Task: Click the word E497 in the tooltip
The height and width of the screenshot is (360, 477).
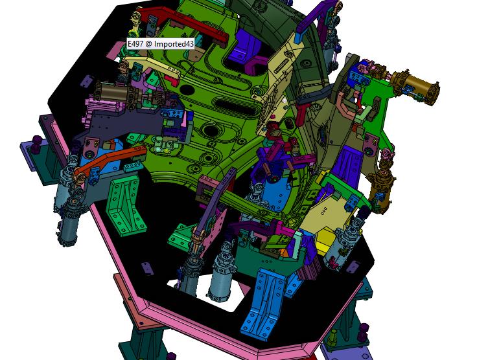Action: [135, 44]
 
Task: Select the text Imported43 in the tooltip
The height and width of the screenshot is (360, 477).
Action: [174, 44]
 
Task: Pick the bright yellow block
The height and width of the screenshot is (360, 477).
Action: [328, 238]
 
